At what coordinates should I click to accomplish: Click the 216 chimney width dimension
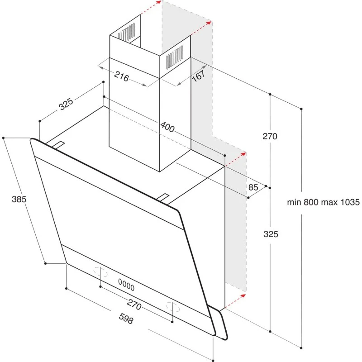coord(121,76)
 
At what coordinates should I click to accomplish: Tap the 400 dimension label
coord(167,128)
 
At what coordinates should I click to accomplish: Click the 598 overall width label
coord(125,319)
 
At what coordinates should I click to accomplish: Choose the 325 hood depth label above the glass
coord(66,105)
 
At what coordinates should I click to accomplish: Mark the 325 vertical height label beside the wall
coord(270,234)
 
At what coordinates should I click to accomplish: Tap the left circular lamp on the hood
coord(100,272)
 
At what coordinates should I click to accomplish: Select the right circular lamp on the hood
coord(173,306)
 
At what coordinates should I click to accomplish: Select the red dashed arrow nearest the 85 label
coord(236,159)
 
